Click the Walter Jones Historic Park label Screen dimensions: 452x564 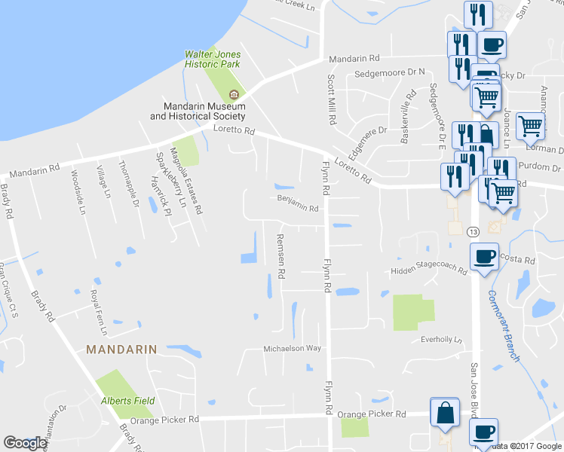(213, 59)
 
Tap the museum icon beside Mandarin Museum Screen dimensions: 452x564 (234, 94)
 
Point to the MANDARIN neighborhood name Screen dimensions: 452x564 (121, 350)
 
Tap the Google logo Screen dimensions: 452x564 (25, 443)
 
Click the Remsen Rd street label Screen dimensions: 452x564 (280, 256)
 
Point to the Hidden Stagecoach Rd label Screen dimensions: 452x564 (428, 270)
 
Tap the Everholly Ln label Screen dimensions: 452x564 (441, 340)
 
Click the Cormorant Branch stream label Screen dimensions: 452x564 (504, 325)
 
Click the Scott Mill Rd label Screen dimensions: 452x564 (330, 99)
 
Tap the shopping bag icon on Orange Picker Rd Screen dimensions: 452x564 (444, 412)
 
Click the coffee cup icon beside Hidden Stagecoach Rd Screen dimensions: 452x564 (483, 256)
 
